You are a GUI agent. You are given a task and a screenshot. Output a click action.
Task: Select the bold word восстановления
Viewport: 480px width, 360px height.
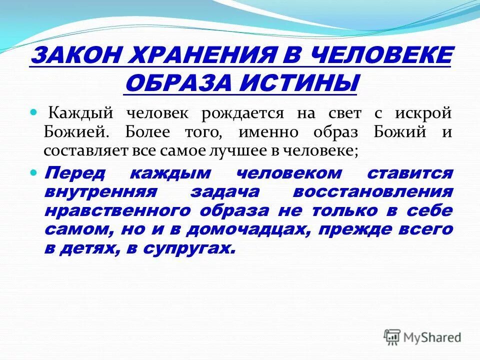point(372,192)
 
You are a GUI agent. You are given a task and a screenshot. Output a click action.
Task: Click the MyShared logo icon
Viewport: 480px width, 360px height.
point(392,337)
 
